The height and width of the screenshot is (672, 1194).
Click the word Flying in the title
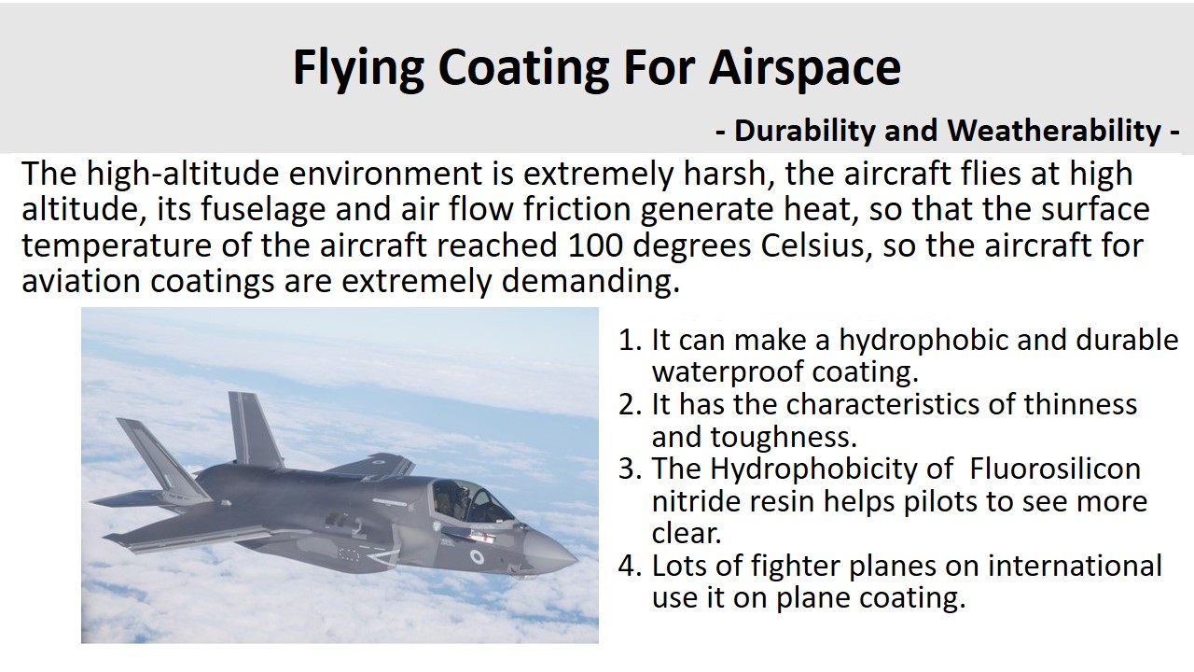click(x=358, y=69)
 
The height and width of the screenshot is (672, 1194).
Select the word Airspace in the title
click(x=804, y=69)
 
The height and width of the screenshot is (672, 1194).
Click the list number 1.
click(x=629, y=340)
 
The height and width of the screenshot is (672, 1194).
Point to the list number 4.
click(x=629, y=566)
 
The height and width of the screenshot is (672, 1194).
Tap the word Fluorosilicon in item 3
click(x=1055, y=469)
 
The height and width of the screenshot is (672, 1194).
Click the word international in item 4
click(x=1075, y=566)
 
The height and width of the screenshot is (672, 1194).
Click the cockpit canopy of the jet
click(x=469, y=500)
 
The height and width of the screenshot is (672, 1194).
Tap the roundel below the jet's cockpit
click(x=477, y=558)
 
